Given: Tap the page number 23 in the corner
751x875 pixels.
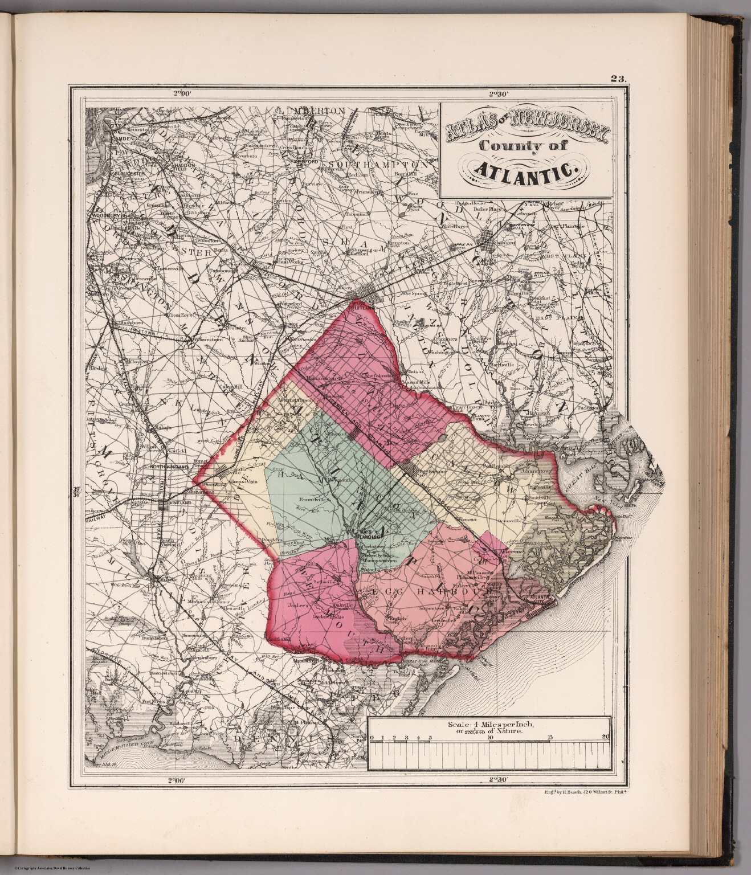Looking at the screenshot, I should pos(618,80).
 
